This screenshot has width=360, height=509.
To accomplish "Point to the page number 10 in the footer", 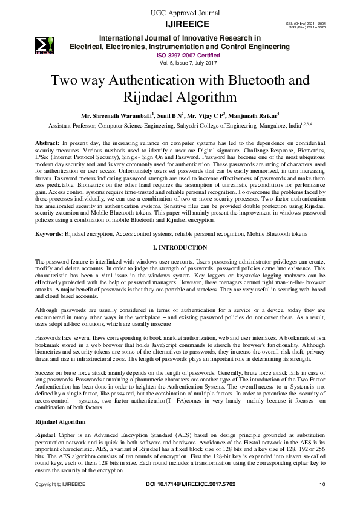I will [322, 484].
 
